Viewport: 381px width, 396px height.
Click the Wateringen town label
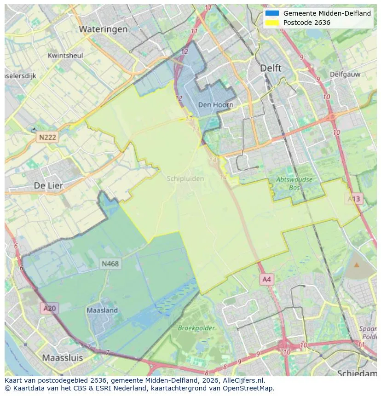[x=103, y=29]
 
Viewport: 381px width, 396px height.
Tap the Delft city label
[x=271, y=68]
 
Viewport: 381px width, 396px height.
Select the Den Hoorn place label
[x=215, y=105]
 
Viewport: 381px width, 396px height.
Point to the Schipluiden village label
[x=185, y=179]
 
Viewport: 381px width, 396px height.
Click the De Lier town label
[x=48, y=186]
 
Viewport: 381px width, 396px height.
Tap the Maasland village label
[x=102, y=310]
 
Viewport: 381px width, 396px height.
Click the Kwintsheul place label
[x=65, y=56]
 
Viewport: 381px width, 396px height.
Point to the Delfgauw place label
[x=344, y=74]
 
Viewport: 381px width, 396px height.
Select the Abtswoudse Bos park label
[x=294, y=184]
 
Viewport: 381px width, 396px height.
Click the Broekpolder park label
[x=196, y=328]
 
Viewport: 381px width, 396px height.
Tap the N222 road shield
[x=47, y=137]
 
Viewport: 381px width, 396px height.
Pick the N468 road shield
[x=110, y=264]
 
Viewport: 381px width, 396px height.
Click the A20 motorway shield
[x=49, y=308]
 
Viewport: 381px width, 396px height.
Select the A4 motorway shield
[x=267, y=279]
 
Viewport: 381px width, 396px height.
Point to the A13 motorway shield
[x=354, y=199]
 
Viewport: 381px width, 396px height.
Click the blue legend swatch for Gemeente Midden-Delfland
[x=272, y=13]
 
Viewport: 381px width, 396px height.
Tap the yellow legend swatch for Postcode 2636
[x=272, y=23]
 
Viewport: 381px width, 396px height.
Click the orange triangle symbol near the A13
[x=357, y=265]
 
